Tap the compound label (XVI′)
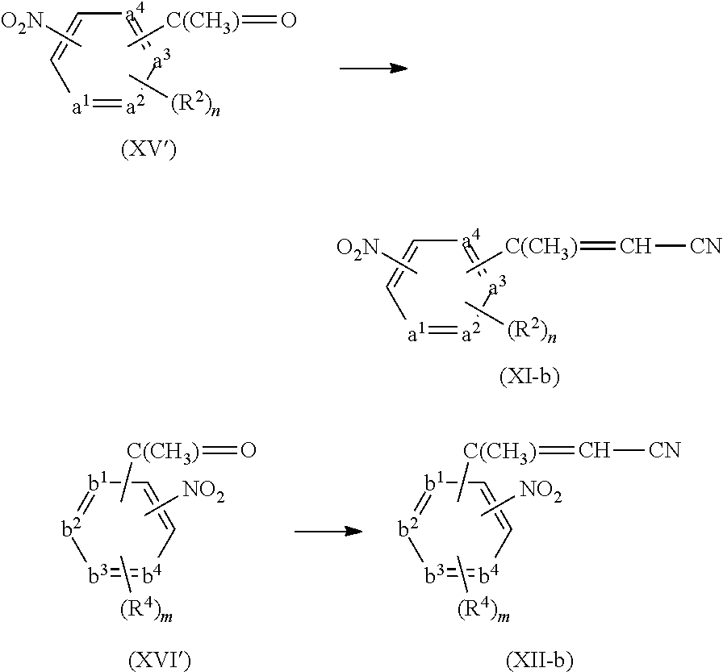tap(160, 661)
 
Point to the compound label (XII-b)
tap(541, 661)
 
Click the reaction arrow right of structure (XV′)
tap(373, 69)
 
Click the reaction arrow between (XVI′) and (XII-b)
tap(327, 532)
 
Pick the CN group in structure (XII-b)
tap(664, 449)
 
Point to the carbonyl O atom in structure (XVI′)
tap(248, 449)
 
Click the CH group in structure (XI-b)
tap(635, 246)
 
